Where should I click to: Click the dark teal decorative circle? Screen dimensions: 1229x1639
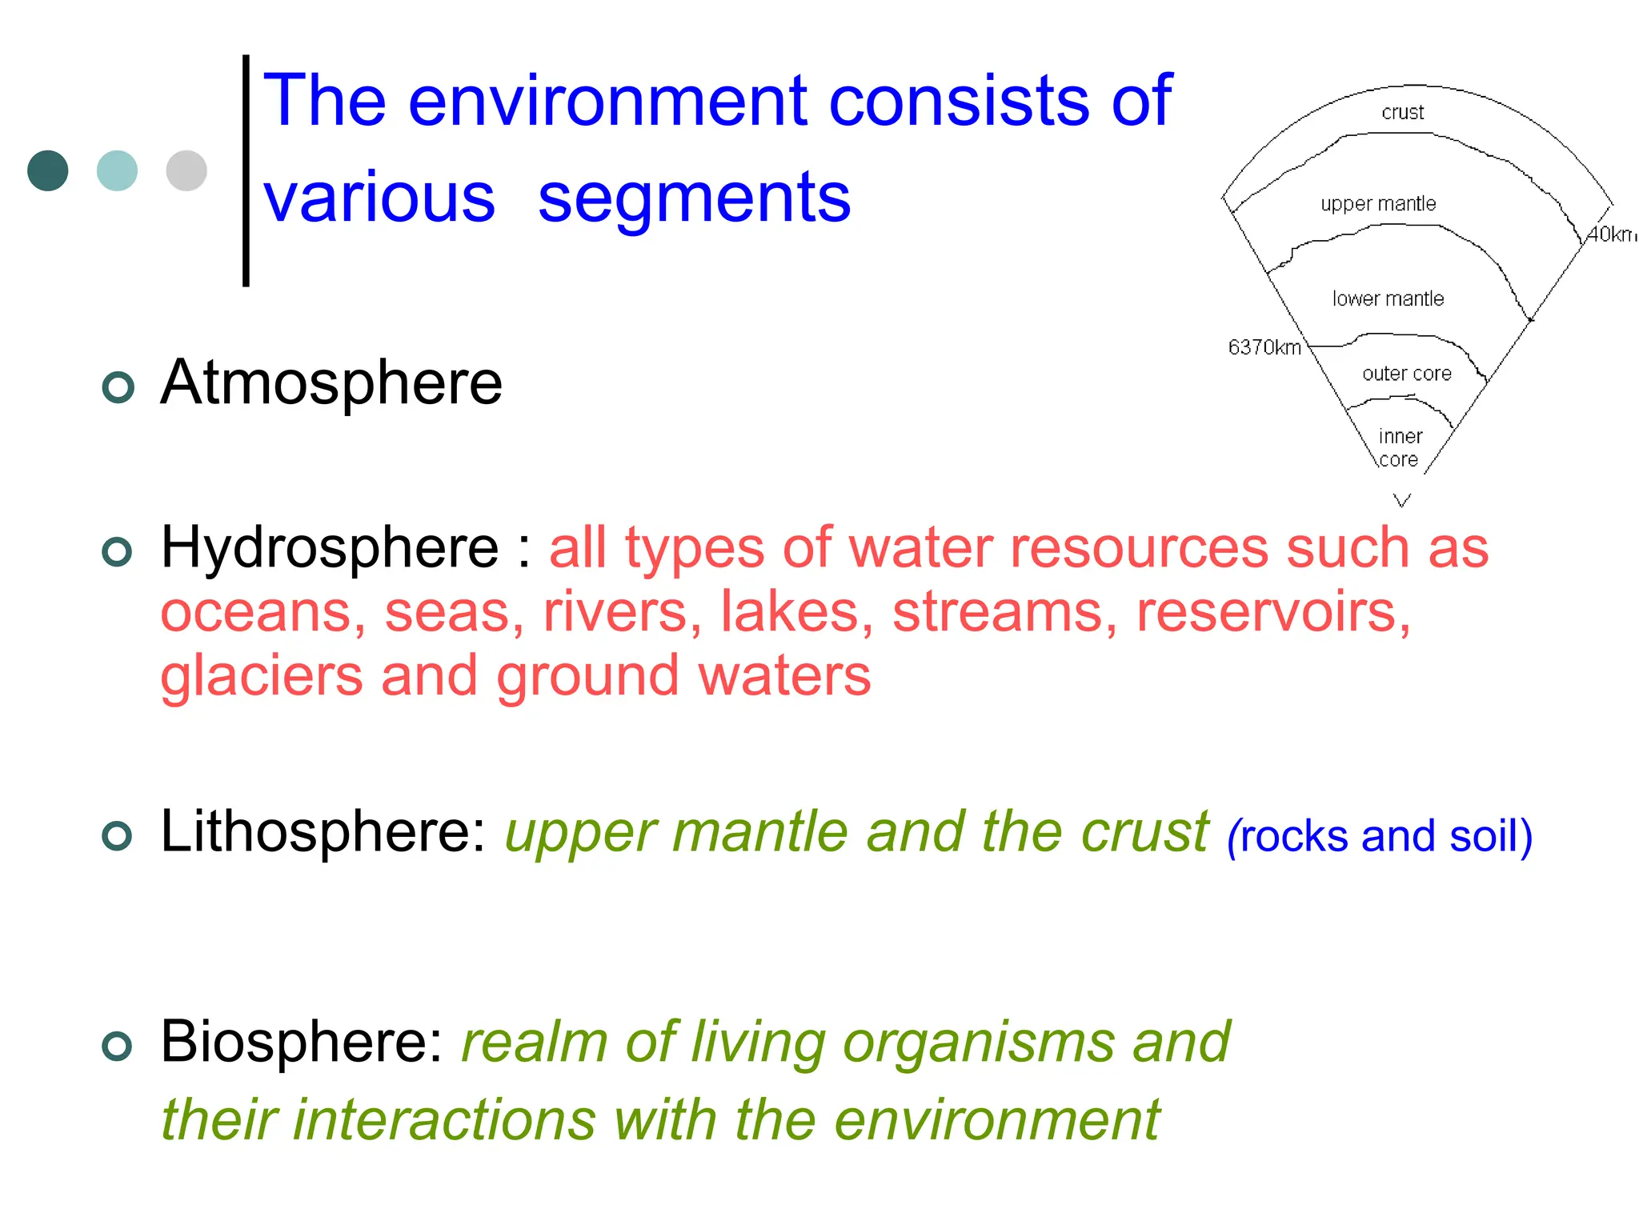tap(48, 170)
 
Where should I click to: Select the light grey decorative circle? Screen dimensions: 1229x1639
tap(186, 170)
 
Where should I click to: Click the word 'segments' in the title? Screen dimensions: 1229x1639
tap(694, 199)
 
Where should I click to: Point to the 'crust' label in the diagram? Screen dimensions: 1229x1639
tap(1402, 112)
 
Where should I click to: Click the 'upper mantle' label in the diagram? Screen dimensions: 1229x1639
tap(1378, 204)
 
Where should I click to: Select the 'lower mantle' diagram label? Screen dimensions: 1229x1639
tap(1388, 298)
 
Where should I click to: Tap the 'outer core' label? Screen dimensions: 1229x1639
tap(1406, 374)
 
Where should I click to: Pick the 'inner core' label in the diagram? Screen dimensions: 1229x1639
tap(1400, 447)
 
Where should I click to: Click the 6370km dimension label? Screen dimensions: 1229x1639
tap(1264, 347)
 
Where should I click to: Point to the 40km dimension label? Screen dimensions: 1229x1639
tap(1611, 234)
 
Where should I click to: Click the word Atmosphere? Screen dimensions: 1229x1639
tap(331, 383)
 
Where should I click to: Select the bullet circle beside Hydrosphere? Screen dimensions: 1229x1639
tap(118, 551)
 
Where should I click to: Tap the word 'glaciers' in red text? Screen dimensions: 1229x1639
tap(261, 677)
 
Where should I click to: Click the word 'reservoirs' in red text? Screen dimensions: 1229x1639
tap(1272, 613)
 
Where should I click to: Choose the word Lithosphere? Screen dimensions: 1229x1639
tap(323, 832)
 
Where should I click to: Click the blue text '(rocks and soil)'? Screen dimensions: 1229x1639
tap(1379, 836)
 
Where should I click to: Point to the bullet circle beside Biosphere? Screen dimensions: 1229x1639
tap(118, 1046)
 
